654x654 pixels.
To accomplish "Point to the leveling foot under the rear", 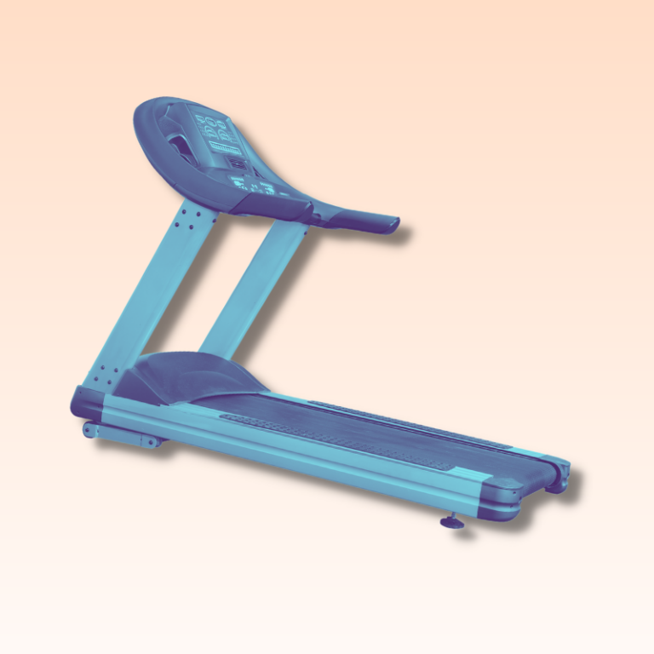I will pos(452,521).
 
